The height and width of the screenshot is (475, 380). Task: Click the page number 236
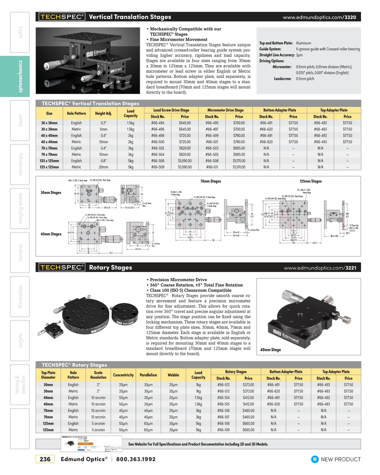45,459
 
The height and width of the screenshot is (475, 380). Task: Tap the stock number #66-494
158,123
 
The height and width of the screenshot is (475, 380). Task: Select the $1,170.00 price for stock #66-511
239,167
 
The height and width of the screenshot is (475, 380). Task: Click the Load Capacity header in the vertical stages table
130,113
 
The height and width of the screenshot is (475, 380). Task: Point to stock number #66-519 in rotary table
223,430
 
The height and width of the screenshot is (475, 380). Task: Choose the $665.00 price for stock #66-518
248,423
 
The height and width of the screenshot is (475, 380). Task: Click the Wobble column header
173,375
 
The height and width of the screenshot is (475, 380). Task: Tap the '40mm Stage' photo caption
270,350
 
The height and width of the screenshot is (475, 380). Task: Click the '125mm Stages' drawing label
310,181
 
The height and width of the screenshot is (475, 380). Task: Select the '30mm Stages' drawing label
51,193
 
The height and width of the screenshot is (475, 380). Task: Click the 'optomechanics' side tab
20,76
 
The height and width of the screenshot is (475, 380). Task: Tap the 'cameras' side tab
20,252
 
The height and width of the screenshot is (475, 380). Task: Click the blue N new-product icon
315,459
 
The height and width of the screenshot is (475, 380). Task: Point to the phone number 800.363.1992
136,459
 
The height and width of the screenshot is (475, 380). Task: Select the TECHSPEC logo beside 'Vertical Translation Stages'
62,17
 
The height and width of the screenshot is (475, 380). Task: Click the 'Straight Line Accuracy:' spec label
277,55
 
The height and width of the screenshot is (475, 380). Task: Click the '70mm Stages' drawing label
211,181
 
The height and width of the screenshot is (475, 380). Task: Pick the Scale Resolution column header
98,375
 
